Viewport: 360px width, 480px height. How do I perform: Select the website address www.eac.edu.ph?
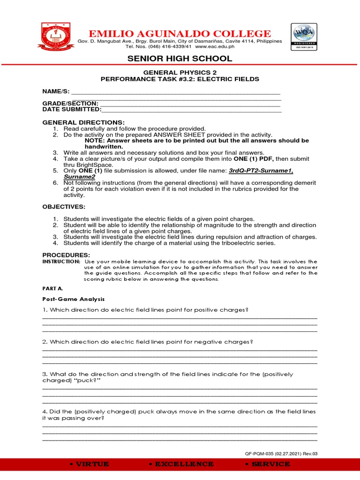click(215, 46)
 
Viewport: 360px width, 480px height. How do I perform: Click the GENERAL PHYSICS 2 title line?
click(180, 73)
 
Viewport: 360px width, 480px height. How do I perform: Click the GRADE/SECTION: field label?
click(70, 103)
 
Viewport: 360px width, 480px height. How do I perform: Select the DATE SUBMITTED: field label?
click(72, 109)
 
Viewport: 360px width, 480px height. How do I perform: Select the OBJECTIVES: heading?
click(64, 207)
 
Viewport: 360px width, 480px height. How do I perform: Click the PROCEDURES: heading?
click(66, 254)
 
